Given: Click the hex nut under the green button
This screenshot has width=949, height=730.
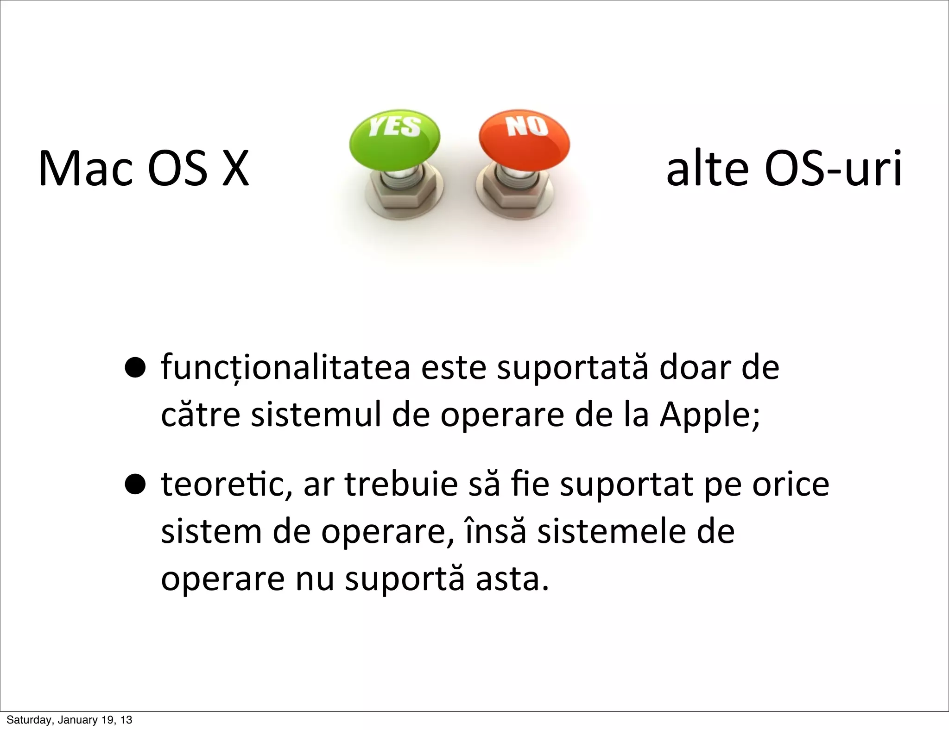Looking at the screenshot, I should pyautogui.click(x=402, y=195).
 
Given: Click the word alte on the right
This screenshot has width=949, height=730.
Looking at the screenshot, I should pyautogui.click(x=707, y=169).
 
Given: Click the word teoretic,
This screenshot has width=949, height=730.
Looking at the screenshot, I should pyautogui.click(x=227, y=485).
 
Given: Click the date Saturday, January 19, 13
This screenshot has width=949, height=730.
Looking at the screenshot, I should pyautogui.click(x=69, y=720).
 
